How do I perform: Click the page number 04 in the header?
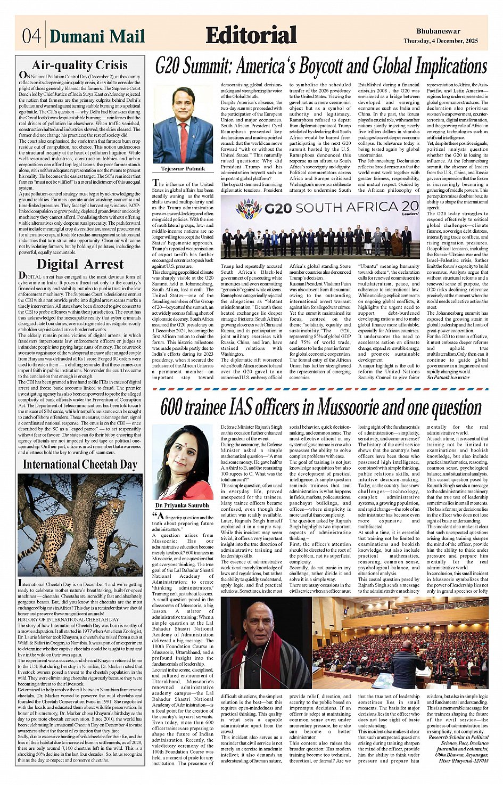pos(31,36)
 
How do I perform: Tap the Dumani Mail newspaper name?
pos(97,36)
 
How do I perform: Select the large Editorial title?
pos(251,35)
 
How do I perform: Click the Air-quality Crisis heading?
pos(80,66)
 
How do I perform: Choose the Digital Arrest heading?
pos(80,264)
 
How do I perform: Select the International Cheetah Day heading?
pos(80,464)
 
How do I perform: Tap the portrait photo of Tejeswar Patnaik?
pos(183,125)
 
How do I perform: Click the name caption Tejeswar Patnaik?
pos(183,168)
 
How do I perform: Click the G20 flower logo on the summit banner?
pos(249,209)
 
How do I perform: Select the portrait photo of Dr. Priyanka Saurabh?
pos(183,462)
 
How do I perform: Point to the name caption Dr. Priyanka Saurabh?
pos(183,505)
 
